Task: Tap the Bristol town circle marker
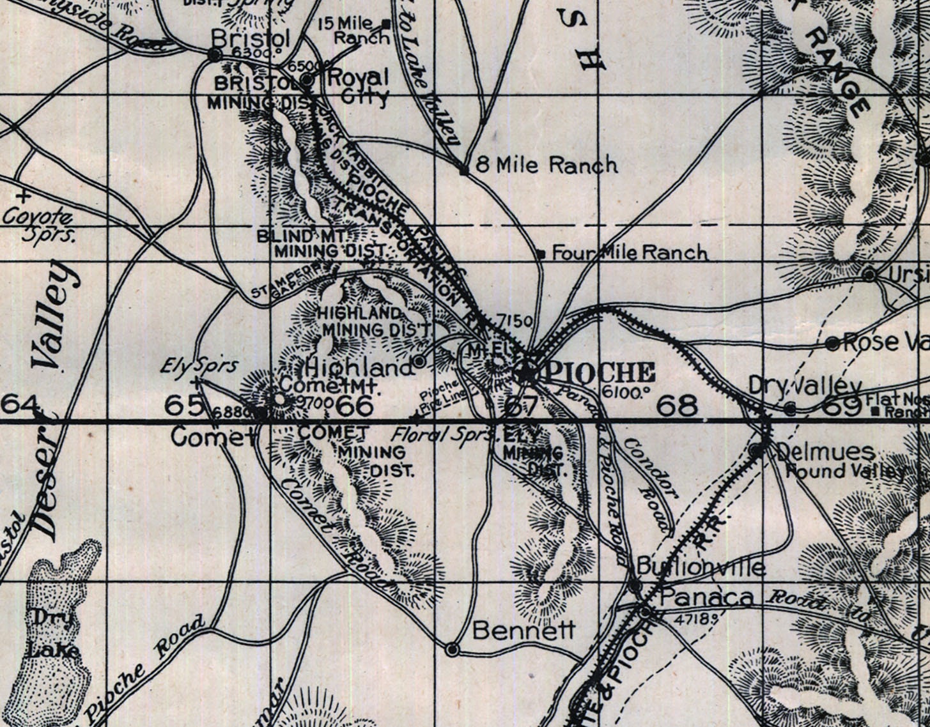coord(215,56)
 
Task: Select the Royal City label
coord(358,86)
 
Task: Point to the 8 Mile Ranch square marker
coord(464,170)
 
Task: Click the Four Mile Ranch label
coord(630,253)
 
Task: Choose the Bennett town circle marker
coord(452,650)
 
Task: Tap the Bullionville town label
coord(701,567)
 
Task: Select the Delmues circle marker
coord(757,450)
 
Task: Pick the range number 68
coord(676,406)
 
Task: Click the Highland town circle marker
coord(419,362)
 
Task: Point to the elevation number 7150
coord(514,321)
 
